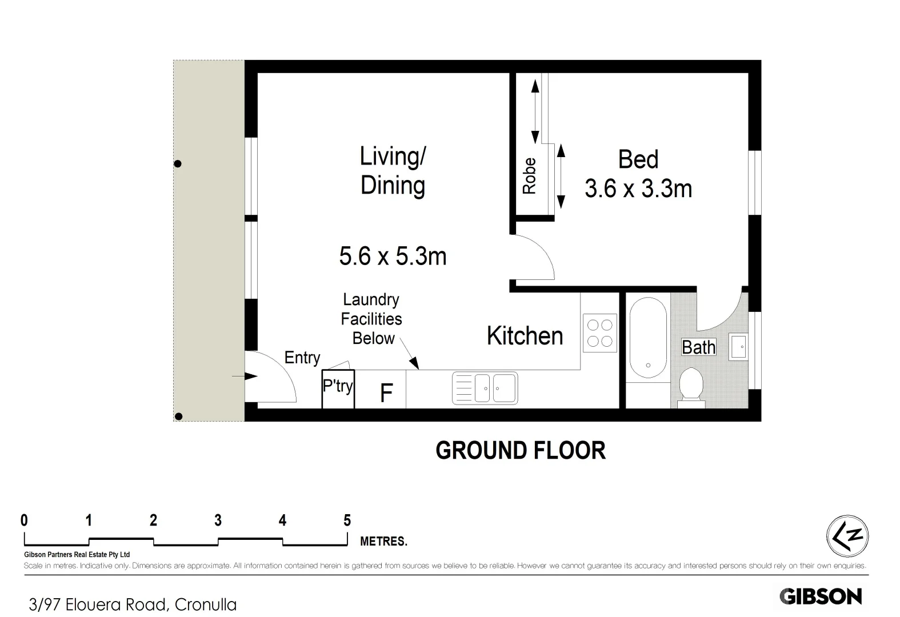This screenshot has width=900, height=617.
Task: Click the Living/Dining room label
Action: [x=393, y=171]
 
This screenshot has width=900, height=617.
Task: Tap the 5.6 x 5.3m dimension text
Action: [x=393, y=256]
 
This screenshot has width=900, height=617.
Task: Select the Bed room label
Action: [x=638, y=159]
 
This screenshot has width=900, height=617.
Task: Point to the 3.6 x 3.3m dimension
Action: [x=638, y=189]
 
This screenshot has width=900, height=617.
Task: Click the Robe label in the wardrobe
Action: [x=530, y=176]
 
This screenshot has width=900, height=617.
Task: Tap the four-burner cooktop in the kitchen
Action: [x=599, y=332]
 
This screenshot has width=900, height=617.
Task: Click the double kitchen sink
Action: [x=485, y=388]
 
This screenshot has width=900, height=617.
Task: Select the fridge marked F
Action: [x=386, y=392]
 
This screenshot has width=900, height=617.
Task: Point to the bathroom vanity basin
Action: [x=739, y=347]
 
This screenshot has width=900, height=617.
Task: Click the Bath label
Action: [x=698, y=347]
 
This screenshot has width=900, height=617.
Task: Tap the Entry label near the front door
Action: [x=302, y=358]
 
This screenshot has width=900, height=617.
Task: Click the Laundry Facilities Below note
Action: [x=371, y=319]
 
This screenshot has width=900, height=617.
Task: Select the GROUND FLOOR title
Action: [x=520, y=450]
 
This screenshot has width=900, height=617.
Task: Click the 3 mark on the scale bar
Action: [x=218, y=520]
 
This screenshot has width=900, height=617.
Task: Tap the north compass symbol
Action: [x=847, y=536]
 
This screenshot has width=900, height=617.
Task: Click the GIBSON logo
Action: [x=821, y=596]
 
